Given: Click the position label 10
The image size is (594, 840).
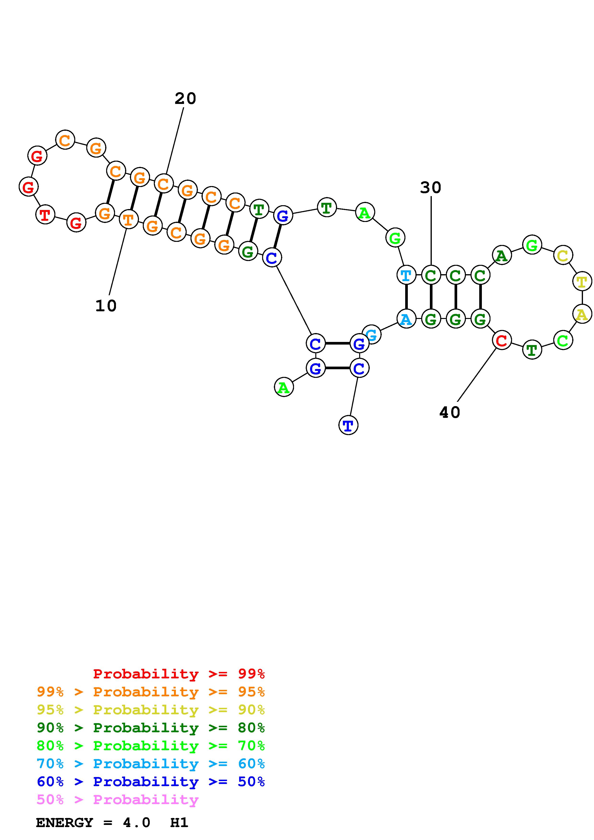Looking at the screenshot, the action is (106, 306).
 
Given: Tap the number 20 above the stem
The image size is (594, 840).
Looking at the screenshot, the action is (185, 98).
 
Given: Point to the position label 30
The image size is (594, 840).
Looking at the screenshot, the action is (430, 188).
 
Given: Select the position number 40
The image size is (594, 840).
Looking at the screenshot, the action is (450, 412).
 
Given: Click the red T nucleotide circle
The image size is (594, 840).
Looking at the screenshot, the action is (45, 215).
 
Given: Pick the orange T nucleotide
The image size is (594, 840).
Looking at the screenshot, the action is (128, 220).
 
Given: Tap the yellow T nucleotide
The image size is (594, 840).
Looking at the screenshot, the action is (582, 281).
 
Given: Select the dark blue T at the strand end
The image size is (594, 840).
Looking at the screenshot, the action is (348, 425).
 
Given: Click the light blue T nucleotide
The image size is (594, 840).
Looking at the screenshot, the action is (406, 275).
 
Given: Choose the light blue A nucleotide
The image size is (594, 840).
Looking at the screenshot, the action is (406, 319).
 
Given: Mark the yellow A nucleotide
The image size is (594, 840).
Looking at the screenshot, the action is (582, 314).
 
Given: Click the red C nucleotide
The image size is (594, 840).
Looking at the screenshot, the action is (502, 340).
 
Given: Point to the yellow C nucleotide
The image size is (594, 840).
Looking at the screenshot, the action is (563, 255).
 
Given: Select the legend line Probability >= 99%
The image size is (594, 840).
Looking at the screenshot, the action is (179, 674).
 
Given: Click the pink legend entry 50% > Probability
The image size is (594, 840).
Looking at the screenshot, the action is (117, 800).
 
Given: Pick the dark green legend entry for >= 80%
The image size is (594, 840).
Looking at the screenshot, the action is (151, 728).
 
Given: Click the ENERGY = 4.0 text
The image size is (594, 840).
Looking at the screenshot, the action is (93, 823).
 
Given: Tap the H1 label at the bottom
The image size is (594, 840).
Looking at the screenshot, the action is (179, 823).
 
